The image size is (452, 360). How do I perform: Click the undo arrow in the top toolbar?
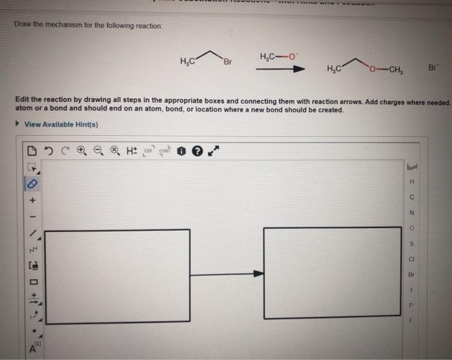48,151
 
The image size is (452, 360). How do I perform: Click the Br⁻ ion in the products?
433,67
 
